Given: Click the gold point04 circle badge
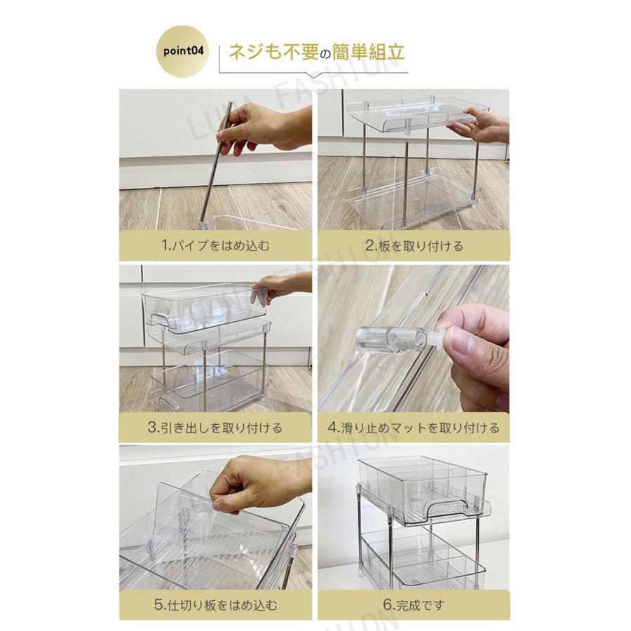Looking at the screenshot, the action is (183, 51).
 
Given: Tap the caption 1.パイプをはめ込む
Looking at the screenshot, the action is (215, 245).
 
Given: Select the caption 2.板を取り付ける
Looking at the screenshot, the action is (414, 245).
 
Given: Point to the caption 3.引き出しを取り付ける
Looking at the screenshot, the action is (215, 428).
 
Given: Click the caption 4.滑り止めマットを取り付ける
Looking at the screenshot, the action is (414, 428).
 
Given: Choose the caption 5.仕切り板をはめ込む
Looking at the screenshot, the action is (215, 605).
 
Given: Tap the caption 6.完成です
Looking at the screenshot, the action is (414, 605).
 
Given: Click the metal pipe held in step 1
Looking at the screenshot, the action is (217, 162).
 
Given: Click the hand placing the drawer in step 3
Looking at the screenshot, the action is (282, 286).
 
